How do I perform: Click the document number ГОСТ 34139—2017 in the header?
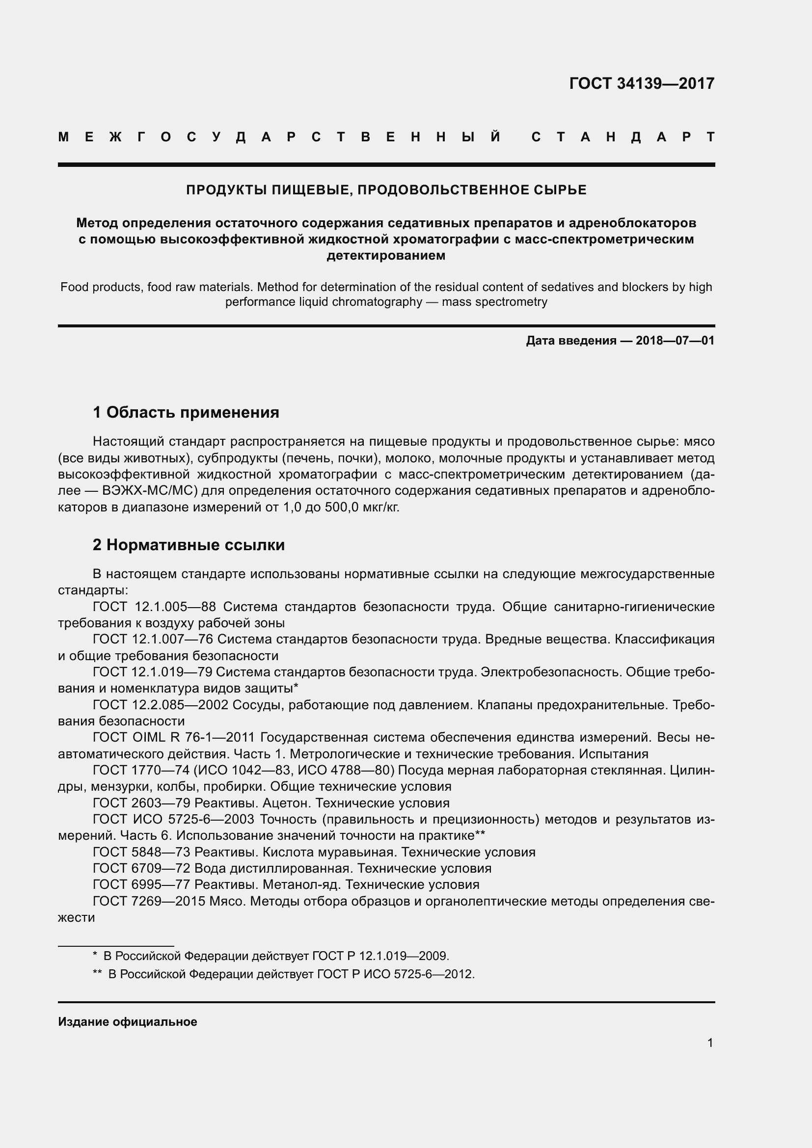642,83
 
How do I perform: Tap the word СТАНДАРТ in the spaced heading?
623,137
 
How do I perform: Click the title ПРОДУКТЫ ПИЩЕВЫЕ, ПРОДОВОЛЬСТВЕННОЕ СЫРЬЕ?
386,190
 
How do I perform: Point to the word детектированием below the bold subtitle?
385,256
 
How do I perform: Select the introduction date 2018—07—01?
675,341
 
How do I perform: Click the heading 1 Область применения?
186,412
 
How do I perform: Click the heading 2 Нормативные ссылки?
189,545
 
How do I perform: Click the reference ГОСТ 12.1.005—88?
154,607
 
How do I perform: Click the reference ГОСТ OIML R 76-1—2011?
173,738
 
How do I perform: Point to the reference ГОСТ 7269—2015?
148,901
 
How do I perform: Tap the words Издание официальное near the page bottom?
128,1022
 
